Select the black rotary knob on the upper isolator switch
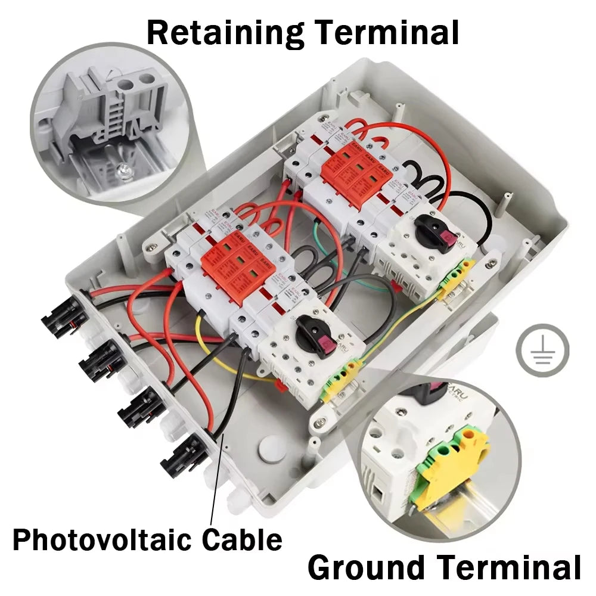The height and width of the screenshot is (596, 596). pyautogui.click(x=433, y=229)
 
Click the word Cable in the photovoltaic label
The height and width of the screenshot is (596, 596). pyautogui.click(x=241, y=539)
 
